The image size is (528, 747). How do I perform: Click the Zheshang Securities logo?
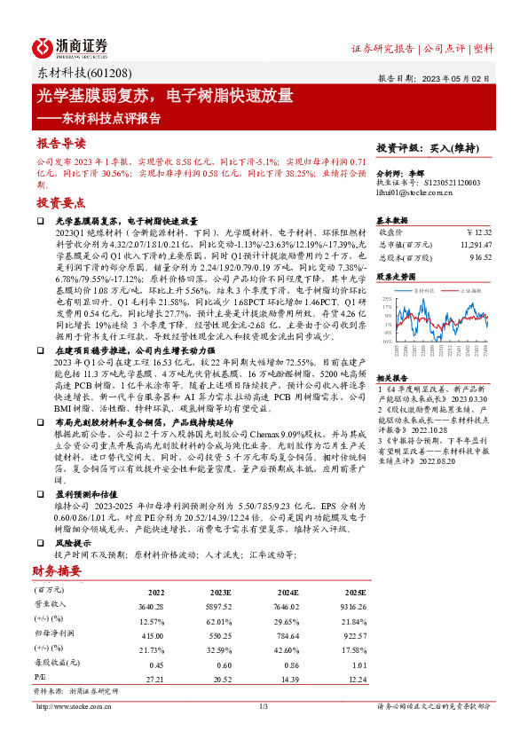(71, 47)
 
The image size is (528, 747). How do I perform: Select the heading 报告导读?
(60, 143)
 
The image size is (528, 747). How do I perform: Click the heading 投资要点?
(60, 202)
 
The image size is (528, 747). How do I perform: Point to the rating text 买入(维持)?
(459, 148)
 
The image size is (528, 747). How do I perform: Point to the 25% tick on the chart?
(387, 299)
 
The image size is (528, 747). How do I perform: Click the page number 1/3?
(264, 706)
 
